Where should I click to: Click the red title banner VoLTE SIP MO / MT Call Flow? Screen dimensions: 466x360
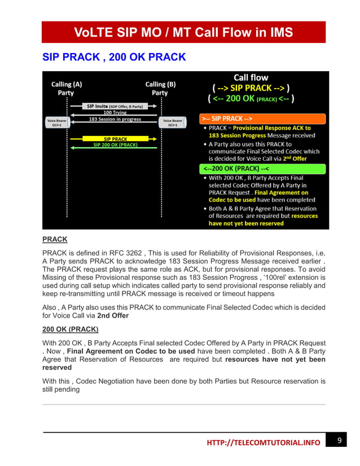(x=183, y=32)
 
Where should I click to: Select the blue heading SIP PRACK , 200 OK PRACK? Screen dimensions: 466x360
(x=115, y=58)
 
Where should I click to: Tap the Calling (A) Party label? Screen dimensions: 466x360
(x=67, y=88)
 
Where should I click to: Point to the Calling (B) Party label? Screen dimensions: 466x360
(x=160, y=88)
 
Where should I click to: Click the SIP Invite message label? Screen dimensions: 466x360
(x=115, y=106)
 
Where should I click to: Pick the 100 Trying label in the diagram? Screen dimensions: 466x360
(x=115, y=113)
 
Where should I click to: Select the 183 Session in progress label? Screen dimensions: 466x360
(x=115, y=119)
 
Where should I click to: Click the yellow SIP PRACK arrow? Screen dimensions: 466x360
(x=115, y=138)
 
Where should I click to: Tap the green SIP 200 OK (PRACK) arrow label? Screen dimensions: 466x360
(x=115, y=145)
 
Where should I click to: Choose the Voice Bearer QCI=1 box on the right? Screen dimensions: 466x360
(x=173, y=122)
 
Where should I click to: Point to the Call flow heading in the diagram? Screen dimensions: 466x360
(x=251, y=77)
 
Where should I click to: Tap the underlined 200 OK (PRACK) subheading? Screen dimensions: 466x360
(x=71, y=329)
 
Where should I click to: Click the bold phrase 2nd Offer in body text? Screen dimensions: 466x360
(x=113, y=315)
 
